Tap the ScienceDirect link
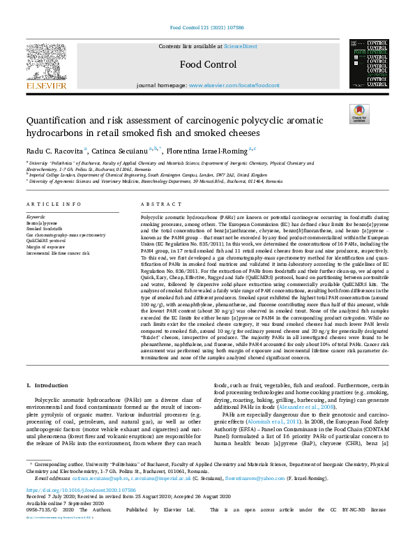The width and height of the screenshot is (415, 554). (x=239, y=46)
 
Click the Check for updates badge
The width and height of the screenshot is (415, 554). (x=359, y=113)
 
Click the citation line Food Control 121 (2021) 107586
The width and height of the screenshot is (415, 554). (x=207, y=29)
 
